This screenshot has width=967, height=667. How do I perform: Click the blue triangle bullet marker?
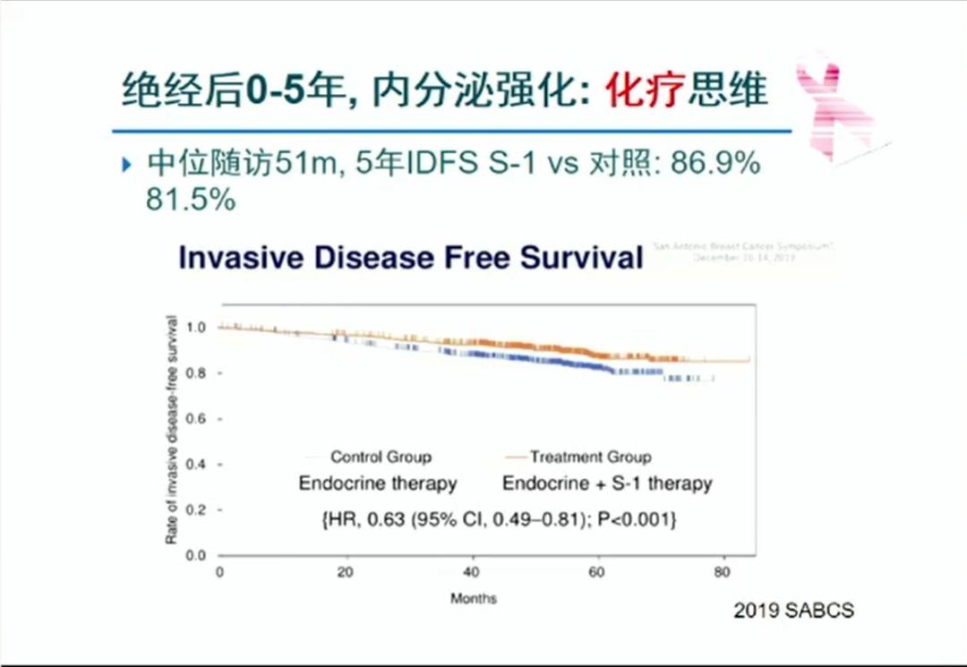[126, 166]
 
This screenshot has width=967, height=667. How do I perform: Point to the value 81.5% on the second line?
[191, 200]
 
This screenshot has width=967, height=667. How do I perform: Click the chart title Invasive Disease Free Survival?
[411, 257]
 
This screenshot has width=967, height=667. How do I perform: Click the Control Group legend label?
[381, 457]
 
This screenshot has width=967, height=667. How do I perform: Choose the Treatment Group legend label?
[590, 457]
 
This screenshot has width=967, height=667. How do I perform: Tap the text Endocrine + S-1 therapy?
[607, 483]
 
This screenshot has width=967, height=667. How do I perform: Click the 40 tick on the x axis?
[473, 573]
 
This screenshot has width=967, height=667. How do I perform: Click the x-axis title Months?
[473, 598]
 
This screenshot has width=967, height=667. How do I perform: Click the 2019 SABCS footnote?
[793, 611]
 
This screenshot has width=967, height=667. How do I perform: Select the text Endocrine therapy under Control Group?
[378, 483]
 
